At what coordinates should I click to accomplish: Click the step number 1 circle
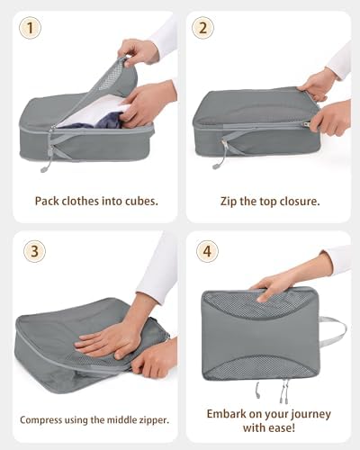30,28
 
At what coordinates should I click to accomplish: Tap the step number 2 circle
202,28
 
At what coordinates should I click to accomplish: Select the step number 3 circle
34,251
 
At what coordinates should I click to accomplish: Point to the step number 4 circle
207,251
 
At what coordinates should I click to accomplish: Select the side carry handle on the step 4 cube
333,331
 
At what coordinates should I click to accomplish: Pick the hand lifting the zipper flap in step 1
138,51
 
